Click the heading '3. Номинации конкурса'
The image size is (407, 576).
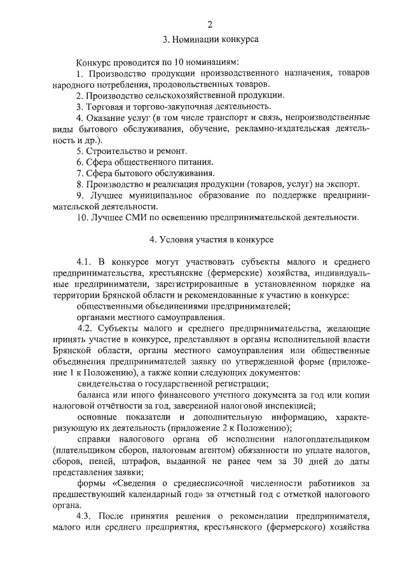(210, 39)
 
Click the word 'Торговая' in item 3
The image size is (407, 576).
(103, 106)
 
